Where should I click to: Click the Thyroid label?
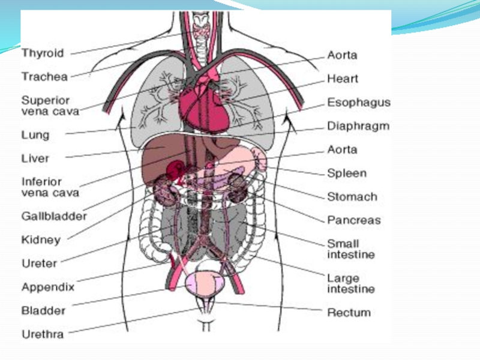pyautogui.click(x=43, y=53)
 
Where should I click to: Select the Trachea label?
pyautogui.click(x=44, y=77)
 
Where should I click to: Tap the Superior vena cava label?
pyautogui.click(x=46, y=105)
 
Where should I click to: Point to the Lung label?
pyautogui.click(x=35, y=135)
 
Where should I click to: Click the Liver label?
pyautogui.click(x=35, y=159)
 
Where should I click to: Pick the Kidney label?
pyautogui.click(x=41, y=240)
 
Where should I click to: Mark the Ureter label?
pyautogui.click(x=39, y=263)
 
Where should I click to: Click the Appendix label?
pyautogui.click(x=48, y=287)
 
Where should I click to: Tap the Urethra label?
pyautogui.click(x=43, y=334)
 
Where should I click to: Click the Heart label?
pyautogui.click(x=343, y=79)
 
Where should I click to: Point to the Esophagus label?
pyautogui.click(x=359, y=103)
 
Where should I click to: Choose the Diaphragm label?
pyautogui.click(x=358, y=127)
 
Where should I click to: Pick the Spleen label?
pyautogui.click(x=347, y=173)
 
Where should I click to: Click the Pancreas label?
pyautogui.click(x=354, y=220)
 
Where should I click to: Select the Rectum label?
pyautogui.click(x=349, y=313)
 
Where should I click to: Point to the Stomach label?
pyautogui.click(x=352, y=197)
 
